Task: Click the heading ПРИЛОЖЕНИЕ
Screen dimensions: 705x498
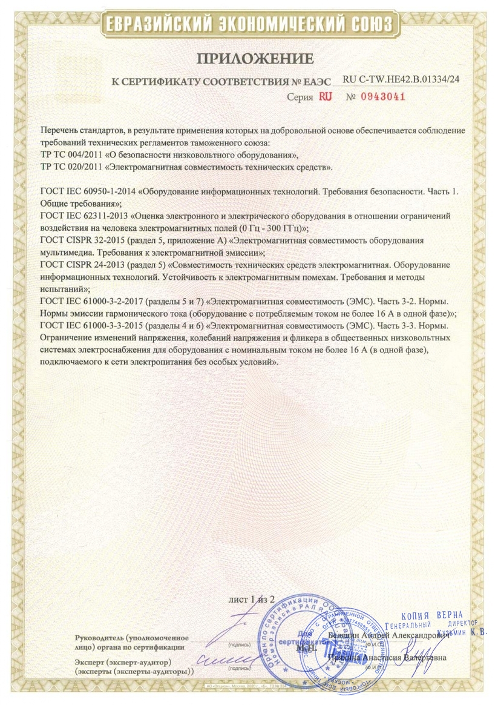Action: coord(254,59)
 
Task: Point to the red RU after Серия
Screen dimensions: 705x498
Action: coord(326,96)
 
